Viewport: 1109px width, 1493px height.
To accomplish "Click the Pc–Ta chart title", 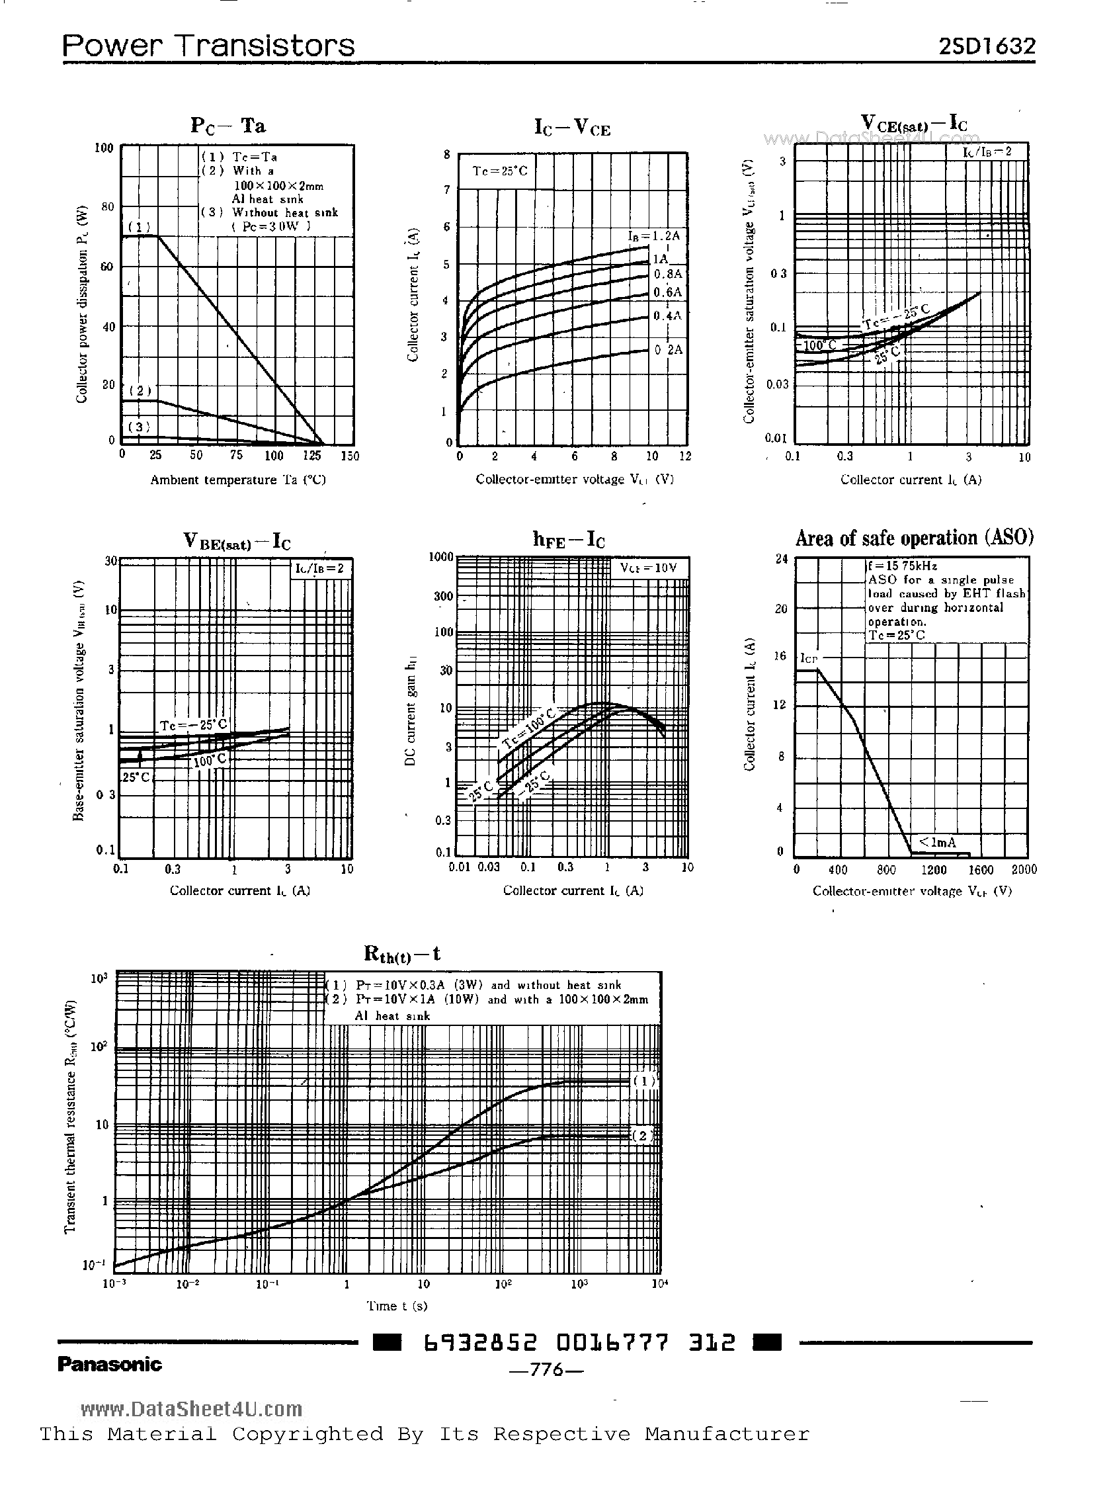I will [227, 126].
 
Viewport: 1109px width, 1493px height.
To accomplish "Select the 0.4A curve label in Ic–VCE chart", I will [667, 316].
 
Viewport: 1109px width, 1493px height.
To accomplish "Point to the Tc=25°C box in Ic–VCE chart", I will [499, 171].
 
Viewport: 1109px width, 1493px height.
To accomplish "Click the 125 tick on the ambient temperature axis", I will [311, 456].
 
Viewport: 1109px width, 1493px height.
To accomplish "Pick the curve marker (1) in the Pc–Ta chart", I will [139, 226].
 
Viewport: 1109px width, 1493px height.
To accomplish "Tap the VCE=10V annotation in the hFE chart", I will [648, 568].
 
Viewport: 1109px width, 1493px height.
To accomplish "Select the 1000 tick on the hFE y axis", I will [441, 557].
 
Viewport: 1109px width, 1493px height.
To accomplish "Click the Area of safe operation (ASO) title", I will [914, 538].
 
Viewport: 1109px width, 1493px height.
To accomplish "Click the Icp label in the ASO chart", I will [808, 659].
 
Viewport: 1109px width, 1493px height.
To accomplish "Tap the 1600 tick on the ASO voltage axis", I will [981, 870].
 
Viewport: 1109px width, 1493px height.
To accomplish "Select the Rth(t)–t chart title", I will [401, 953].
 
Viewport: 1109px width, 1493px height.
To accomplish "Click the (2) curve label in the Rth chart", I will [642, 1136].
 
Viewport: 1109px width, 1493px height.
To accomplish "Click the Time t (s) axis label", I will [397, 1306].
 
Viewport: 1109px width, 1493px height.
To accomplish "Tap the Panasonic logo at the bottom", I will [109, 1364].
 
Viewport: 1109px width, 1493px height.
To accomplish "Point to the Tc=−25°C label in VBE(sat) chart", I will [193, 726].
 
